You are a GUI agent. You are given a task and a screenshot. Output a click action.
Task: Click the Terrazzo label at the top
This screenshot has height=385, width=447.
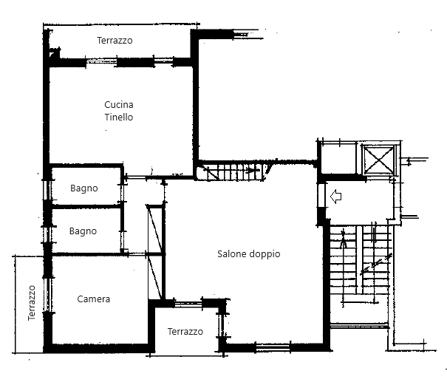click(115, 41)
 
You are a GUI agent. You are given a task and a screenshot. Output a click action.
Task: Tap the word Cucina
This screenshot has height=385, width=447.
click(119, 105)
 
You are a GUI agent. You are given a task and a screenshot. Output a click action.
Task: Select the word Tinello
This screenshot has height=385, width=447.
click(119, 117)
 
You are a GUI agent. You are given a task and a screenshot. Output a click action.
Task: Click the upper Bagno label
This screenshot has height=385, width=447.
click(84, 188)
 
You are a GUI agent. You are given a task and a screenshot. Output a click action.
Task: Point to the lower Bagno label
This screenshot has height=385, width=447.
click(83, 231)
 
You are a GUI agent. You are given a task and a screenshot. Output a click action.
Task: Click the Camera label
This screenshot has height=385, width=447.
click(94, 299)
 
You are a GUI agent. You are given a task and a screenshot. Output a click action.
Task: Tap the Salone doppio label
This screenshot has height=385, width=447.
click(248, 253)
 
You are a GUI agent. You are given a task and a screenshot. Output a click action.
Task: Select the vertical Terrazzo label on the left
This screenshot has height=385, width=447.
click(32, 303)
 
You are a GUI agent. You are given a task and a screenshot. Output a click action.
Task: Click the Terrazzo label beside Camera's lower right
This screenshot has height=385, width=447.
click(185, 331)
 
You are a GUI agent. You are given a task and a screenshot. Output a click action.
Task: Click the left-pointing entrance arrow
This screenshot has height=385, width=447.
click(336, 197)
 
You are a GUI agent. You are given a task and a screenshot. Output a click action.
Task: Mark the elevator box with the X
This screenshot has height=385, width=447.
click(379, 160)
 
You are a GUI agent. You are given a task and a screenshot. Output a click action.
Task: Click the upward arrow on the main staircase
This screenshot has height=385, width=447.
click(343, 239)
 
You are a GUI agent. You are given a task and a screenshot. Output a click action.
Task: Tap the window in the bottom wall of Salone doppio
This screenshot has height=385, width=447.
click(273, 347)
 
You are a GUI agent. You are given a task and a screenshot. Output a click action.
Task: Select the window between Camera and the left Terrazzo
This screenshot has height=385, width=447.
click(47, 295)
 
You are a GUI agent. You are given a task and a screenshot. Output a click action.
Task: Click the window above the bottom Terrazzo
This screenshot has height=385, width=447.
click(188, 304)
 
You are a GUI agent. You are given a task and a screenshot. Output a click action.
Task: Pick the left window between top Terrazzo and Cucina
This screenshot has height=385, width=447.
click(101, 61)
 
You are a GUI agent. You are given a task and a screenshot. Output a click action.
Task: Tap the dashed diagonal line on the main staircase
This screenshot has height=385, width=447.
click(376, 264)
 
